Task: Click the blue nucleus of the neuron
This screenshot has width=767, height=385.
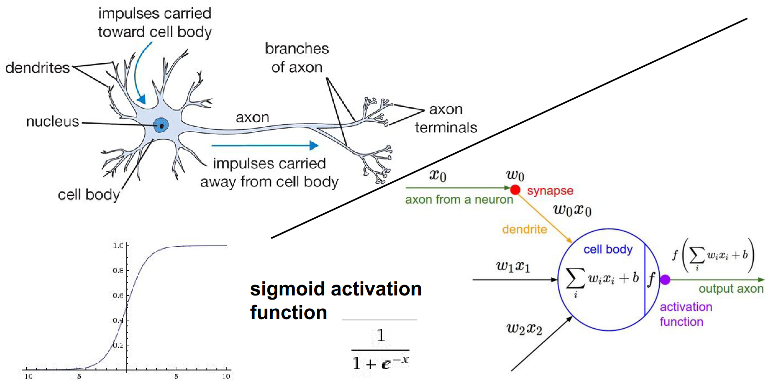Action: coord(161,125)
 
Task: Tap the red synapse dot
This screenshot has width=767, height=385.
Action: coord(515,189)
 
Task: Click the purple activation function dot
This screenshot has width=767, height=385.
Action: coord(665,280)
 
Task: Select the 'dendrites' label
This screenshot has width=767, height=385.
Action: coord(37,68)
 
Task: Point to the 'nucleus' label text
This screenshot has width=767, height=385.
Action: coord(52,121)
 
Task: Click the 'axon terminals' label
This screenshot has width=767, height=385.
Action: coord(446,118)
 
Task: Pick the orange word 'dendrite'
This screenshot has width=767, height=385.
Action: coord(524,229)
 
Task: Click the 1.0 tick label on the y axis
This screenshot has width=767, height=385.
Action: coord(118,246)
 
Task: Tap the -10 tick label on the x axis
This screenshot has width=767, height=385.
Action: coord(25,376)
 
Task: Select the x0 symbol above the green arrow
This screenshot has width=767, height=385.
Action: coord(438,175)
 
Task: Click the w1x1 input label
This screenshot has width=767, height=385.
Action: coord(513,266)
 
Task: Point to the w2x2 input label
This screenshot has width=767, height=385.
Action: coord(524,329)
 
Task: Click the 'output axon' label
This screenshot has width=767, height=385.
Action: coord(731,289)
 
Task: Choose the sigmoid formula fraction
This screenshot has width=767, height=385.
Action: coord(381,350)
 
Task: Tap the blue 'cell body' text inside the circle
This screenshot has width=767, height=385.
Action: coord(608,250)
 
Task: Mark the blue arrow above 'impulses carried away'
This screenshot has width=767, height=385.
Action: coord(265,145)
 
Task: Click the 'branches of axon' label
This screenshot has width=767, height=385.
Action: coord(296,58)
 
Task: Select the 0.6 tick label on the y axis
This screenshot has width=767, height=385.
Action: coord(118,295)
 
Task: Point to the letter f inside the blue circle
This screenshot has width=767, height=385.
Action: coord(651,279)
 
